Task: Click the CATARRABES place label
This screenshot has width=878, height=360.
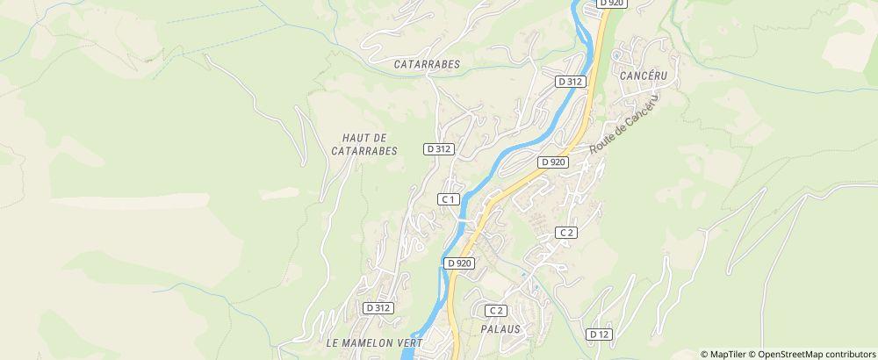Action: click(x=428, y=64)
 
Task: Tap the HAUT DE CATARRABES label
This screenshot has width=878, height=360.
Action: click(x=364, y=145)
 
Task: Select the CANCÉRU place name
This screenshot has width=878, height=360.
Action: click(x=644, y=76)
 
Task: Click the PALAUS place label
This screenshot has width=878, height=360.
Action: click(x=501, y=329)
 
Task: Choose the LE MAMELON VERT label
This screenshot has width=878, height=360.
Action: click(x=374, y=342)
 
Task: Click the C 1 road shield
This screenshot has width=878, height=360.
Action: click(x=449, y=199)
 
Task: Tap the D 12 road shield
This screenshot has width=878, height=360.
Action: click(x=600, y=335)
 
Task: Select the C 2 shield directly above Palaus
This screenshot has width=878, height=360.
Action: click(x=496, y=310)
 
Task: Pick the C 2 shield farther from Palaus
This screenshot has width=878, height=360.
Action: click(x=566, y=232)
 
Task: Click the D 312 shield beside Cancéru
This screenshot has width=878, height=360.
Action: click(x=570, y=81)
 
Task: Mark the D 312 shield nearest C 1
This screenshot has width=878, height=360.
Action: click(x=438, y=149)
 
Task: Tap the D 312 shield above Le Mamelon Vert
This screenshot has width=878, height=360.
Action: click(x=378, y=308)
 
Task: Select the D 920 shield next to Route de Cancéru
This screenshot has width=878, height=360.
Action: click(x=553, y=162)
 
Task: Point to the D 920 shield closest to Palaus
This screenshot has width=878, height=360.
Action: click(x=459, y=263)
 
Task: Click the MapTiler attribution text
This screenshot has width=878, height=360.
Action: click(x=724, y=354)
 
